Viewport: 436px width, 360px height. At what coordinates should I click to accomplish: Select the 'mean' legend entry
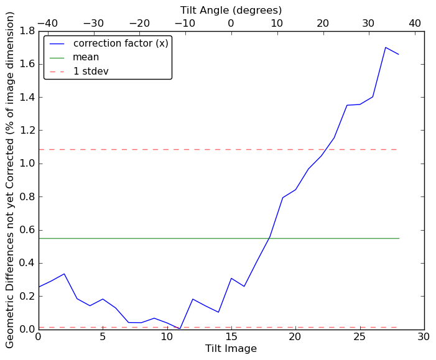point(86,57)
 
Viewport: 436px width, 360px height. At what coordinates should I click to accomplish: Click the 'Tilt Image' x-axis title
point(231,349)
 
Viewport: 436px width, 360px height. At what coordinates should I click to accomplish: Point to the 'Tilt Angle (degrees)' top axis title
point(231,10)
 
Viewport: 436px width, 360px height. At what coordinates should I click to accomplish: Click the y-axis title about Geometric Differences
point(10,180)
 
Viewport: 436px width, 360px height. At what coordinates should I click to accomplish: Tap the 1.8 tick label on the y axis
point(27,31)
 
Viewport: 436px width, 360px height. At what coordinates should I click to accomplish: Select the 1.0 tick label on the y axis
point(27,164)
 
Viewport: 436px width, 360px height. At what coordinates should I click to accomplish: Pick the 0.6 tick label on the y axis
point(27,230)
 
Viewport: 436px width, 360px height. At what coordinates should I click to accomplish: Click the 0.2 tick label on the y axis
point(27,296)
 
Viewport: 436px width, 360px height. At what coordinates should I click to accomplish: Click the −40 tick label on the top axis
point(47,24)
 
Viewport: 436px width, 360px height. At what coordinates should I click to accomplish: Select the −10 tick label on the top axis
point(185,24)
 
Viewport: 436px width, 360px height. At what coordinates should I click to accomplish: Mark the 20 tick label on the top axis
point(323,24)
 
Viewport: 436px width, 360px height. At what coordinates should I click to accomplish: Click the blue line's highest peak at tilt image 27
point(386,47)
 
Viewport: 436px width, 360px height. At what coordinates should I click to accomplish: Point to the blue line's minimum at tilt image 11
point(180,328)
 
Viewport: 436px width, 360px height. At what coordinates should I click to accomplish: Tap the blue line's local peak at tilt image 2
point(64,274)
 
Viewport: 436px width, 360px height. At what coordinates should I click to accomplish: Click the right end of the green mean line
point(399,238)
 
